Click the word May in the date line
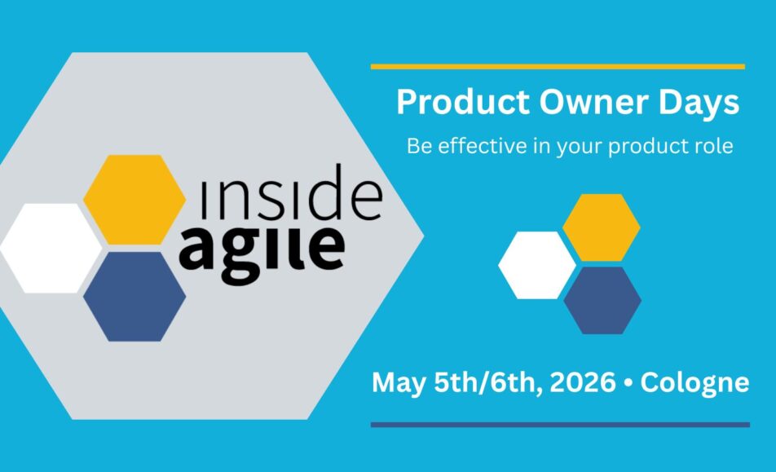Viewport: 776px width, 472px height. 399,383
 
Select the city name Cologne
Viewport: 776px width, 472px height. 694,383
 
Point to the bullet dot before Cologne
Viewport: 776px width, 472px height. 628,383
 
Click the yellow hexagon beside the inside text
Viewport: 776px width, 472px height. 134,200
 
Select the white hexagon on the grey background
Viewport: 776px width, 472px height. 51,249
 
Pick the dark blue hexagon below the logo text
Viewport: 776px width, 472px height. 134,297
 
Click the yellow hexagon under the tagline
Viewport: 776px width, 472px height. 602,227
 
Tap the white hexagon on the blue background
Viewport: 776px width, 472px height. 537,265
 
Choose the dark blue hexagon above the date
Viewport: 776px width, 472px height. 602,301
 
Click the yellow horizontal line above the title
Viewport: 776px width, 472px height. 558,67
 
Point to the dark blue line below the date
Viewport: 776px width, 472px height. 560,425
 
